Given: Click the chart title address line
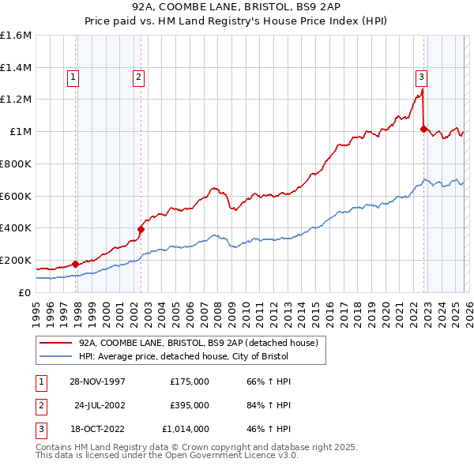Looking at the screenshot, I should pos(237,6).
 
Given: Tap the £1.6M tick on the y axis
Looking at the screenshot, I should pos(16,36).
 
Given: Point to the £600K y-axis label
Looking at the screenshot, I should pos(16,196).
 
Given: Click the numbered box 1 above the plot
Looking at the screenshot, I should pos(73,77).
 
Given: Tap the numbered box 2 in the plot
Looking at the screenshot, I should pos(138,77).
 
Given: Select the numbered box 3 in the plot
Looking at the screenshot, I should pos(421,77).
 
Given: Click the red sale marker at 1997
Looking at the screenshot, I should pos(76,264).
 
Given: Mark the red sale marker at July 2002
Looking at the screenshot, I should pos(141,229).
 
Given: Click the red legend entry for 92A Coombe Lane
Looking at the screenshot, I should pos(197,343).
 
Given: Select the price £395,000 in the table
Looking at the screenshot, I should pos(189,404).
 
